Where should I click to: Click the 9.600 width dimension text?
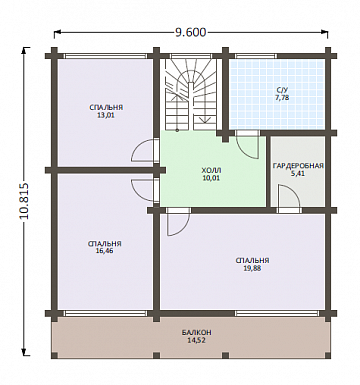click(190, 32)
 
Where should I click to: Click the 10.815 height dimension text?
click(25, 201)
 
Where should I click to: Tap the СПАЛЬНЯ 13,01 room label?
click(106, 112)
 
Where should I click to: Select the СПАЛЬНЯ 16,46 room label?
click(105, 247)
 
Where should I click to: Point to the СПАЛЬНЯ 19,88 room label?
click(252, 264)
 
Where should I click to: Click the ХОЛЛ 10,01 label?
click(211, 174)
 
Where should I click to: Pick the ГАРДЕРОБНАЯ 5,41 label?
click(298, 170)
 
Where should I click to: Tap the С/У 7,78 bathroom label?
click(282, 94)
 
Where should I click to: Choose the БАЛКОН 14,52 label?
click(197, 336)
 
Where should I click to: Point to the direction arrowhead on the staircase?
click(205, 119)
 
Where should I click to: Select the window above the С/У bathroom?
click(256, 56)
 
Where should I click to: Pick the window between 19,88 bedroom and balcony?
click(277, 313)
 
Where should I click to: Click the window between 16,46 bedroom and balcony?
click(106, 313)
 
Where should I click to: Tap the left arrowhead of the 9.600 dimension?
click(57, 32)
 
